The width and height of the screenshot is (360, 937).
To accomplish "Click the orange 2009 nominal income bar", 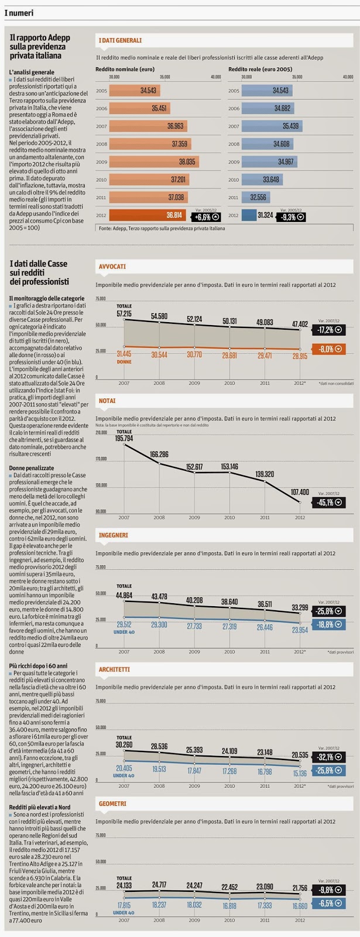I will (154, 162).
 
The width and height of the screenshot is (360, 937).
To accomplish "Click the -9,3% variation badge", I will (293, 216).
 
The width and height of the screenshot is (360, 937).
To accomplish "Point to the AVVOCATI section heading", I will (112, 266).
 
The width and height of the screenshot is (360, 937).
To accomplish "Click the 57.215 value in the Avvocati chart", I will (124, 314).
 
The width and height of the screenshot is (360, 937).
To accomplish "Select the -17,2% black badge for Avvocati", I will (328, 330).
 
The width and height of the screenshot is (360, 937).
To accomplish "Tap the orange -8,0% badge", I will (328, 349).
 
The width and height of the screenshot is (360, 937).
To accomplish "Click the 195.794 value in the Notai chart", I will (124, 438).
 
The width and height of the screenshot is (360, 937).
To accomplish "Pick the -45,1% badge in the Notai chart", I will (328, 502).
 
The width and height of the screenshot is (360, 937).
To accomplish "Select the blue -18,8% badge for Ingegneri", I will (328, 624).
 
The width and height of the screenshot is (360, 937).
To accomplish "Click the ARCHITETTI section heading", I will (114, 669).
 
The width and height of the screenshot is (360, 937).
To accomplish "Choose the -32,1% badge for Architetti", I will (328, 756).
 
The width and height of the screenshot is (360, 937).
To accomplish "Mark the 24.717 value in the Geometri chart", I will (159, 884).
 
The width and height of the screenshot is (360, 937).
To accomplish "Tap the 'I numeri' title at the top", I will (19, 13).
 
